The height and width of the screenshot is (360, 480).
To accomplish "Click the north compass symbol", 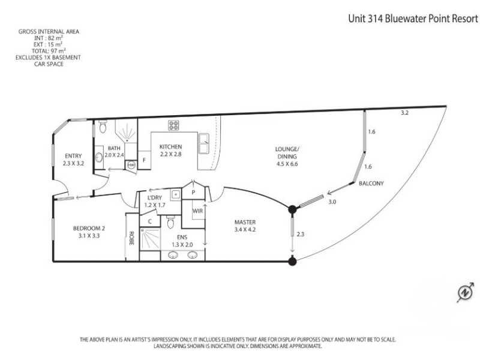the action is point(466,292).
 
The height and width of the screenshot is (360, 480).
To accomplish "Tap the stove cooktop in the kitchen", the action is point(173,125).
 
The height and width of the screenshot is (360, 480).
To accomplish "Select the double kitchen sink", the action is point(204,143).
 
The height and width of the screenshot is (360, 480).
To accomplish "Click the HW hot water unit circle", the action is point(131,165).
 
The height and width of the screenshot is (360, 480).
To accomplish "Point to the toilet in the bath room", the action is point(103,126).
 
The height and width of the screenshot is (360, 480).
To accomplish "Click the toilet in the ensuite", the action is point(170,222).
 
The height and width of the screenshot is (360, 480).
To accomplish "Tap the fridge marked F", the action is point(144,160).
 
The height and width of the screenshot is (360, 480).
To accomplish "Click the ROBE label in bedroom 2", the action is point(131,238).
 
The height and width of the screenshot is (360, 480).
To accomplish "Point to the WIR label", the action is point(197,211).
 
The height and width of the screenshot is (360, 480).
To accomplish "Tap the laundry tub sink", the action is point(176,194).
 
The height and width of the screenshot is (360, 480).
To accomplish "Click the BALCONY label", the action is point(371,184).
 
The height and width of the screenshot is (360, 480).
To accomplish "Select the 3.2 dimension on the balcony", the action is point(404,113).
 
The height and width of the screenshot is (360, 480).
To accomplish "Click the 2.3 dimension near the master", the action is point(301,234).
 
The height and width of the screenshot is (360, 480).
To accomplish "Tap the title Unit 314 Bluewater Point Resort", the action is point(413,19).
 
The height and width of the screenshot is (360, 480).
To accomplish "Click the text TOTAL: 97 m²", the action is point(49,51).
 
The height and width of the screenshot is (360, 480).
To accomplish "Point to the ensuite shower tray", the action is point(149,238).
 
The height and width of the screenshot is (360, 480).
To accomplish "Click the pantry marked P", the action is point(193,193).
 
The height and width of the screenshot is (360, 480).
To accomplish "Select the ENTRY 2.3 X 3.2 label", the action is point(73,160).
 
